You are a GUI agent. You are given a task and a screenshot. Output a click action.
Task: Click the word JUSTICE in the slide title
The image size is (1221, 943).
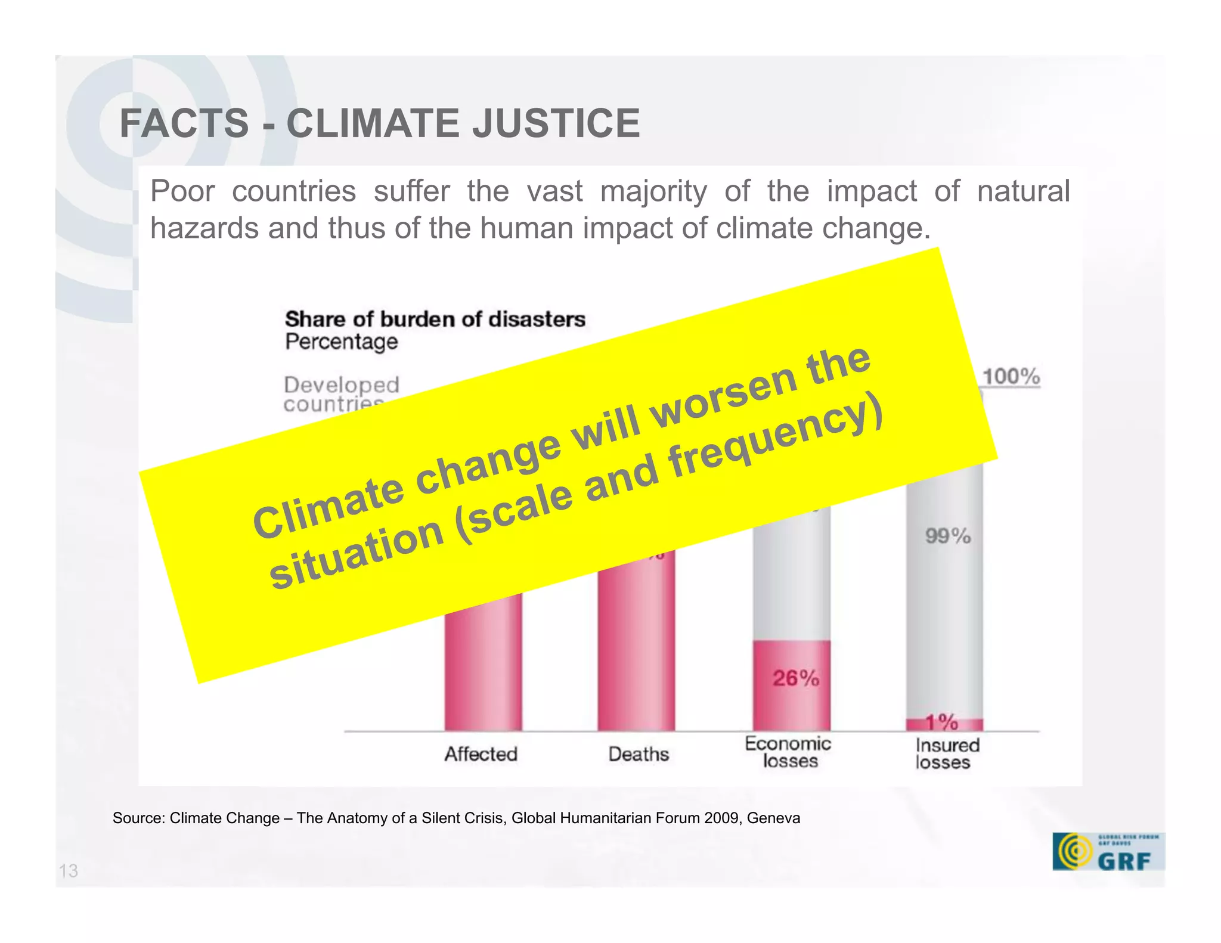(x=556, y=123)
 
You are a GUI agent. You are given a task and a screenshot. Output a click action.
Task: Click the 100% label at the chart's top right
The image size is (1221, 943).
(x=1011, y=377)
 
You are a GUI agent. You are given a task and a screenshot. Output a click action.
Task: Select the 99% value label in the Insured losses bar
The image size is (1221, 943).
(x=948, y=536)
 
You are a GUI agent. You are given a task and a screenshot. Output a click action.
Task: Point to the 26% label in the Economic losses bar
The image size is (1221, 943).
(x=796, y=678)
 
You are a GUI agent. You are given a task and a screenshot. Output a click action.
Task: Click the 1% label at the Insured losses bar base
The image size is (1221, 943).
(x=942, y=722)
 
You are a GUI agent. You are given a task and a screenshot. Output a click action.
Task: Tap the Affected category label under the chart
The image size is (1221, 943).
(x=481, y=754)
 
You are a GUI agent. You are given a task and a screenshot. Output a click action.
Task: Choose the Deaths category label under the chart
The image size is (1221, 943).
(x=639, y=754)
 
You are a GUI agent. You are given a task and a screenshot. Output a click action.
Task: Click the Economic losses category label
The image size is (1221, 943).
(x=788, y=752)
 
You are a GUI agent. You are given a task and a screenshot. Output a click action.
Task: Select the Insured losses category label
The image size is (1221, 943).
(x=946, y=753)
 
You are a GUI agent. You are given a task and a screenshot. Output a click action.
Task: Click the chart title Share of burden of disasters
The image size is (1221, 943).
(x=435, y=319)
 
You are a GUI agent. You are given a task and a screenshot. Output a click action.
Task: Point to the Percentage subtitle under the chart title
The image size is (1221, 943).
(x=341, y=342)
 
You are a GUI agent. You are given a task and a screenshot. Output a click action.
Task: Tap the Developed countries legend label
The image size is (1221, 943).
(x=341, y=393)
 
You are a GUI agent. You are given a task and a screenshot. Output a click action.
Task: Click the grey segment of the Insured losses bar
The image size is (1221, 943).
(x=945, y=596)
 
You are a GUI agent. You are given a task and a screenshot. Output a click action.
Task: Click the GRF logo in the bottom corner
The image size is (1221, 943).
(x=1108, y=852)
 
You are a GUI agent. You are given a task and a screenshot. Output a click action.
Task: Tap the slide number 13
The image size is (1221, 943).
(x=69, y=871)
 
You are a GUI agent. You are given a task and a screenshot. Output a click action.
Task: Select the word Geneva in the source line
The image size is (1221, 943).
(x=773, y=818)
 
